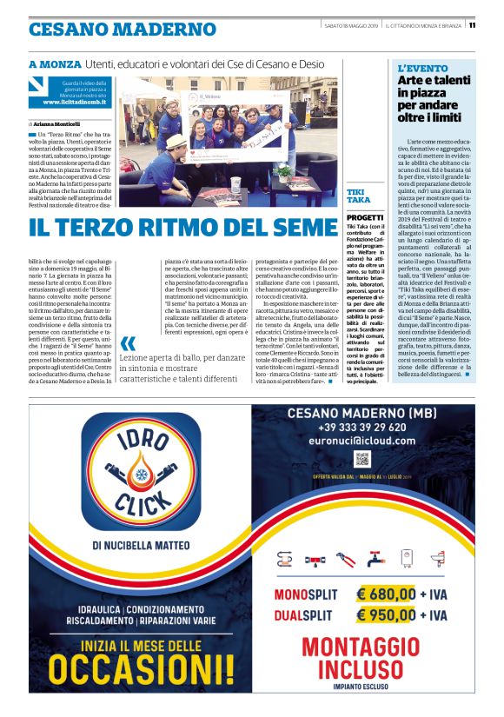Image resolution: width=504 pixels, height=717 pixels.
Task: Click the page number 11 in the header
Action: click(472, 24)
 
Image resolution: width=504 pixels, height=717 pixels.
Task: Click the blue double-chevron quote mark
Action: click(128, 343)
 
